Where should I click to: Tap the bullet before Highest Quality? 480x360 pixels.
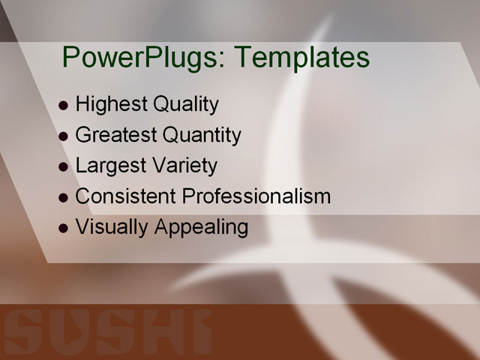[x=63, y=106]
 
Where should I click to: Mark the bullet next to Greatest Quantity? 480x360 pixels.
[x=63, y=136]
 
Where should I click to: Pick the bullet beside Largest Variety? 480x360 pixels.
[x=63, y=167]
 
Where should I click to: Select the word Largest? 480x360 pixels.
[x=109, y=166]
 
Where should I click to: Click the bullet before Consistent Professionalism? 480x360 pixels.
[x=63, y=198]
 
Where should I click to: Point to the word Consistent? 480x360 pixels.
[x=126, y=196]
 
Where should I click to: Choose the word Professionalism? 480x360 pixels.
[x=256, y=196]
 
